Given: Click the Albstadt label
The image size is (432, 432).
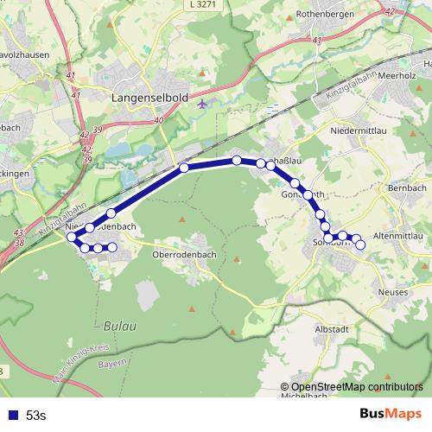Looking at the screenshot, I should click(x=331, y=329).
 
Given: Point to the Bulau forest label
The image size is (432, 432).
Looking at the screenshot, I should click(x=118, y=326).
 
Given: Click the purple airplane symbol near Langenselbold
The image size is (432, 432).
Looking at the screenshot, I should click(x=203, y=104).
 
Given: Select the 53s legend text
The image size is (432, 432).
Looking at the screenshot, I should click(x=36, y=416).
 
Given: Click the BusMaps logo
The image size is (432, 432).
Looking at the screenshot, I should click(x=390, y=414).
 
